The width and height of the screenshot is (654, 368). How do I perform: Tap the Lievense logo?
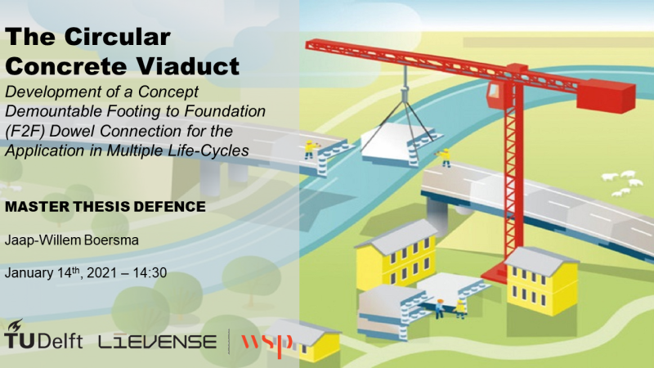tap(157, 342)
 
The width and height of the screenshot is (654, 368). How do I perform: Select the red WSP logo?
tap(267, 344)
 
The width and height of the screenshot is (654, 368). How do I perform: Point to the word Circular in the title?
tap(117, 37)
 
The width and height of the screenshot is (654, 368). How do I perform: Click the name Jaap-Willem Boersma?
tap(72, 240)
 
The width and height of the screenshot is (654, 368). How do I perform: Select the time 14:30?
tap(150, 273)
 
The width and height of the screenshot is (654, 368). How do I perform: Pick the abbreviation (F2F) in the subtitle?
tap(25, 131)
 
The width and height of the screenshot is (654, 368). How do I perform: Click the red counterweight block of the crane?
tap(606, 96)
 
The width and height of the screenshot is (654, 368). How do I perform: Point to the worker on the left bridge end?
tap(310, 150)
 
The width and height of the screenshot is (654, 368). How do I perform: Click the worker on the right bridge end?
tap(446, 157)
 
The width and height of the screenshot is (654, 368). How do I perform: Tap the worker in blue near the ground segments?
tap(440, 309)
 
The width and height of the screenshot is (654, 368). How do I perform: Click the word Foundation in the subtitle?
tap(226, 111)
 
